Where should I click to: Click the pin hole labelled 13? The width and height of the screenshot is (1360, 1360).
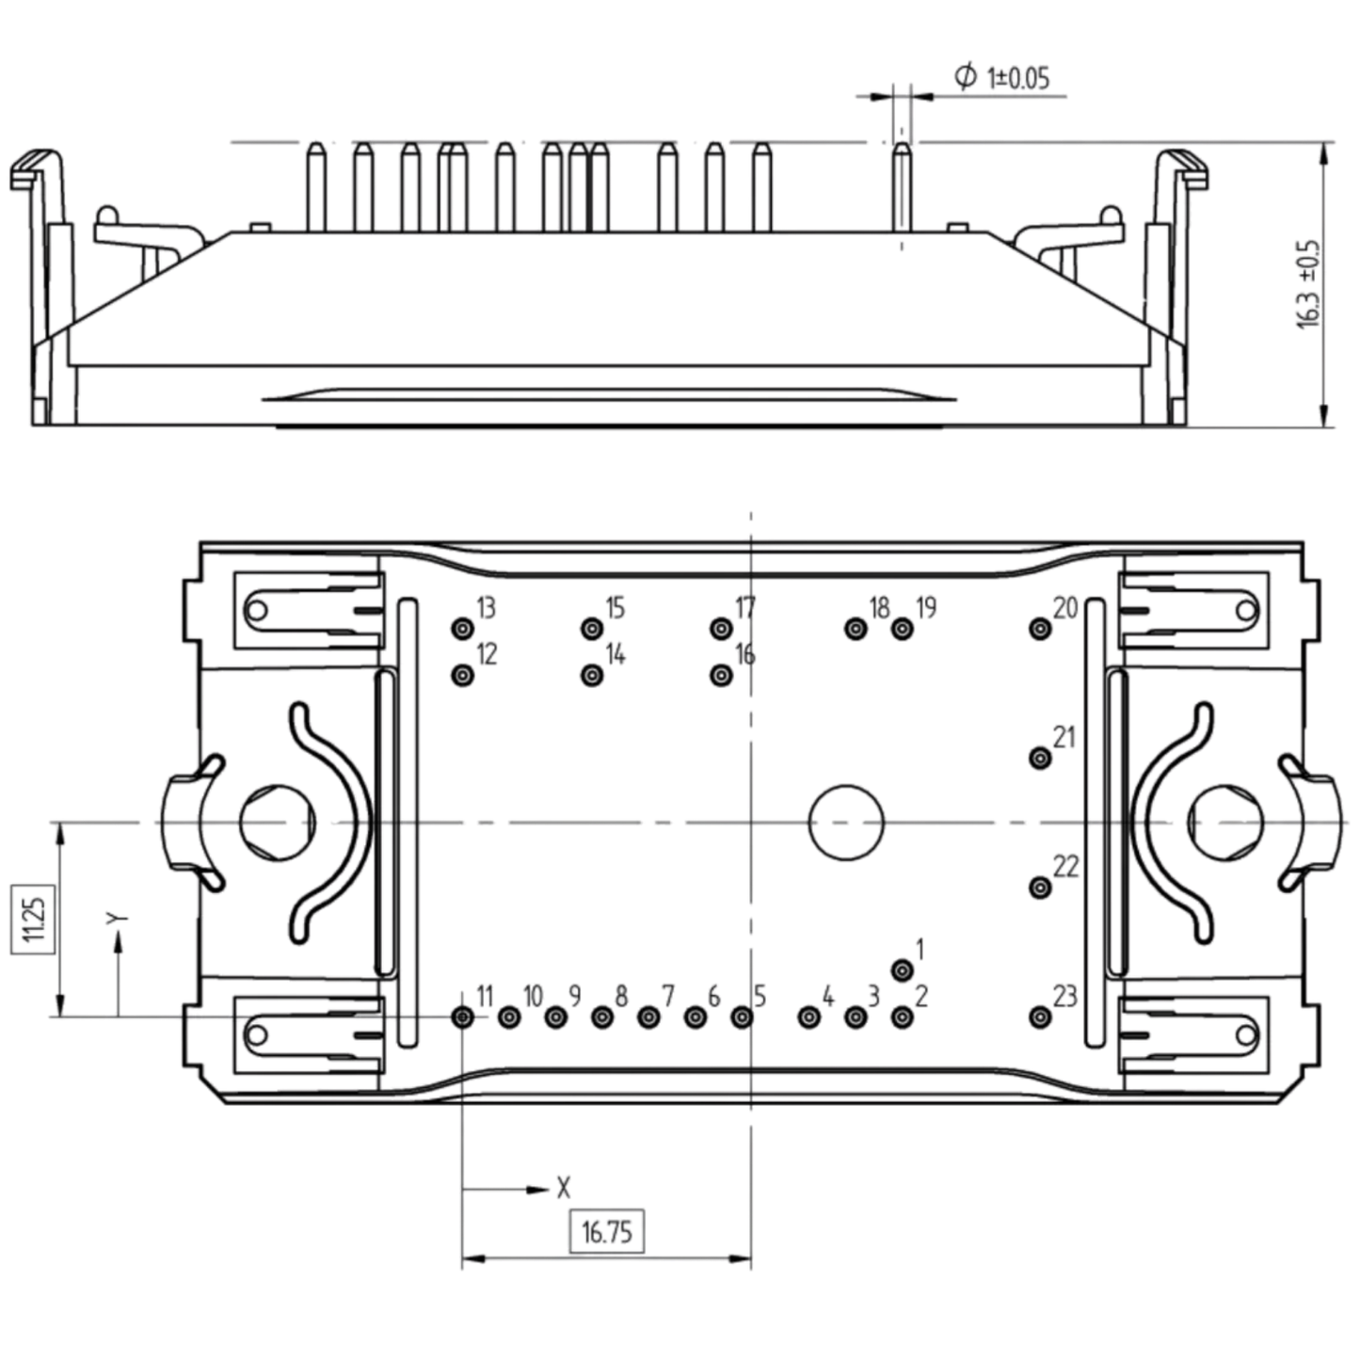tap(464, 628)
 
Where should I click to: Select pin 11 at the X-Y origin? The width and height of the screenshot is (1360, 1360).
tap(463, 1017)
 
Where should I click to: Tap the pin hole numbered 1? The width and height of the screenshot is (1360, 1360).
tap(903, 970)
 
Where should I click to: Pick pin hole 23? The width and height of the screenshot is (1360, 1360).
tap(1041, 1017)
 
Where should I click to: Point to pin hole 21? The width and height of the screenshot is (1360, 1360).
tap(1041, 758)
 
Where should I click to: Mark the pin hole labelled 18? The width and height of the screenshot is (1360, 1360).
tap(856, 628)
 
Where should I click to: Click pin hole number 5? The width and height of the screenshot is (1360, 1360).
tap(742, 1017)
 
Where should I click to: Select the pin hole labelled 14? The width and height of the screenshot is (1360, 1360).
tap(593, 676)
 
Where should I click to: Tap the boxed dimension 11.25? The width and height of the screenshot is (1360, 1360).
tap(32, 919)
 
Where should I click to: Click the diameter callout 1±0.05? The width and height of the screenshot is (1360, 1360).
tap(1001, 76)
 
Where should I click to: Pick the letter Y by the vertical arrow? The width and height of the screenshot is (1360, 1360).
tap(117, 919)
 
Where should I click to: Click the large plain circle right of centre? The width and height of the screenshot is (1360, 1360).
tap(846, 823)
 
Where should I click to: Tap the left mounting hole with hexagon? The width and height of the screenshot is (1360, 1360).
tap(278, 823)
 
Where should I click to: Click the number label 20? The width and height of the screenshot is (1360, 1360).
tap(1065, 608)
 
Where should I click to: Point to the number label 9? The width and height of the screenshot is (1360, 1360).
tap(575, 997)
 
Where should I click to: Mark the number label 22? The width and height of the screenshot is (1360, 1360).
tap(1066, 867)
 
